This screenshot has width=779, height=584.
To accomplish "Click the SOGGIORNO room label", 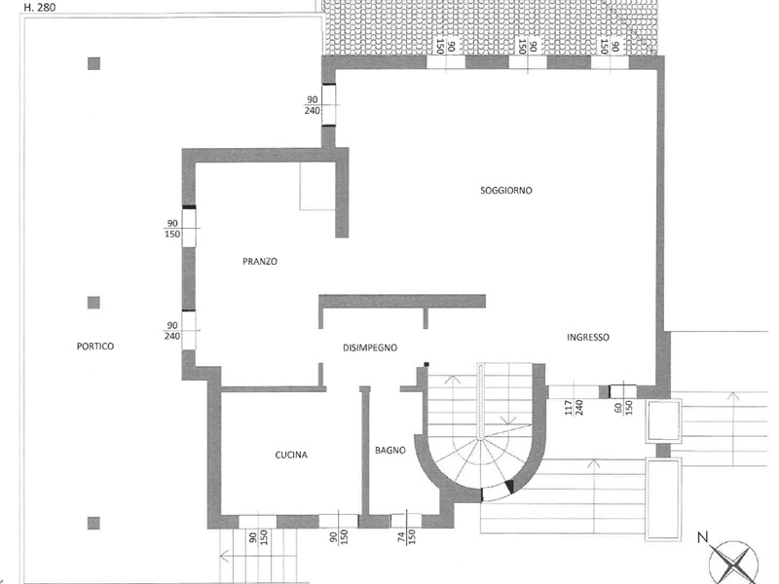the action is tap(505, 190).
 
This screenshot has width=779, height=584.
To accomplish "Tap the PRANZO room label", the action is tap(260, 261).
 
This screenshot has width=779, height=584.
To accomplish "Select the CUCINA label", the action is tap(291, 455).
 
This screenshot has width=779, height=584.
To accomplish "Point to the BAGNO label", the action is tap(390, 451).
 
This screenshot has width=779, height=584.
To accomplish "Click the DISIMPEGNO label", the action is tap(370, 347).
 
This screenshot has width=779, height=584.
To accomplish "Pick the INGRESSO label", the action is tap(588, 337).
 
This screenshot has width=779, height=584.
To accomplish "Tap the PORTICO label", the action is tap(95, 347).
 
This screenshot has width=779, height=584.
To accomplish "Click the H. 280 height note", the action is tap(40, 8).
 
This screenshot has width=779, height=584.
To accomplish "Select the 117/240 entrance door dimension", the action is tap(575, 407).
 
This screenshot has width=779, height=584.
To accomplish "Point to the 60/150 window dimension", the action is tap(623, 408).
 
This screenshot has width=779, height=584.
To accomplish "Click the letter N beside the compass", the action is tap(702, 537).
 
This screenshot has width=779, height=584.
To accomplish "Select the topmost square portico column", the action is tap(93, 63).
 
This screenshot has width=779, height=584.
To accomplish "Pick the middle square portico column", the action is tap(93, 303).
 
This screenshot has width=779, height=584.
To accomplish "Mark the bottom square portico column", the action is tap(93, 523).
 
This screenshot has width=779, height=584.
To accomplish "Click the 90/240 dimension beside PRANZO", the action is tap(172, 331).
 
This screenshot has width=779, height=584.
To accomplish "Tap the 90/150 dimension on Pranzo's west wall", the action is tap(172, 229).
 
